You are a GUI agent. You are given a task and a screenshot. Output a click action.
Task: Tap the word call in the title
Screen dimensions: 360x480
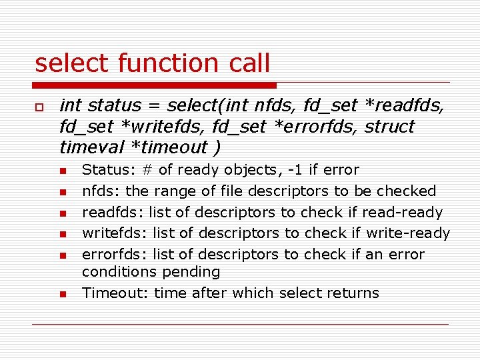(247, 63)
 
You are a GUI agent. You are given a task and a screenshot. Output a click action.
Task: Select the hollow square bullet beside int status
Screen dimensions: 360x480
(40, 107)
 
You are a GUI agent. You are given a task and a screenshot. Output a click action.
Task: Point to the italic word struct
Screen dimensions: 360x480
(389, 127)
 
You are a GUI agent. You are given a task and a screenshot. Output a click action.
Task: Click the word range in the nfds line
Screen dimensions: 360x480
(175, 191)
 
